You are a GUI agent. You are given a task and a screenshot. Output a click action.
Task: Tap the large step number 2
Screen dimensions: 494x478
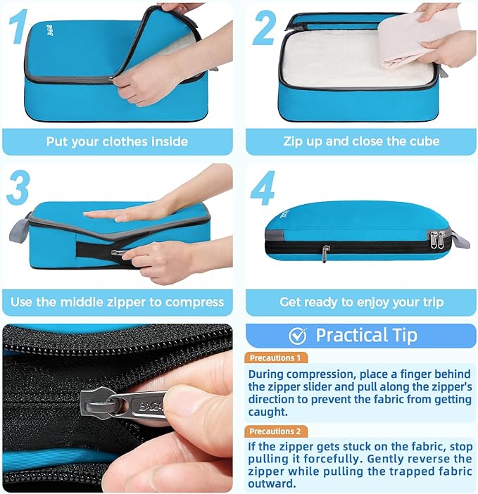(264, 28)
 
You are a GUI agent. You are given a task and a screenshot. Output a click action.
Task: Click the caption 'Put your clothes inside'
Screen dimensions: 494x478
(117, 141)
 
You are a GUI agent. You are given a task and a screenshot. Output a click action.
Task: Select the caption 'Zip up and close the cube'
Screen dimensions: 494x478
(361, 141)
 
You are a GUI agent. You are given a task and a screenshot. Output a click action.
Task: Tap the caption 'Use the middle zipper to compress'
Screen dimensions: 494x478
(117, 303)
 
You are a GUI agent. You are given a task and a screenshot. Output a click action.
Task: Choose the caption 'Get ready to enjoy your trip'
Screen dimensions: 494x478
(361, 303)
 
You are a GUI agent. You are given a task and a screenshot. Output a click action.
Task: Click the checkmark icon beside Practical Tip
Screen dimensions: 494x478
(298, 335)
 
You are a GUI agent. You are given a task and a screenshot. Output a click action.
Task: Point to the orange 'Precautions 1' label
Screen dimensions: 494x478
(275, 357)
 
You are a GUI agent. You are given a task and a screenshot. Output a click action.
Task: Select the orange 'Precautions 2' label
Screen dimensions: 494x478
(275, 431)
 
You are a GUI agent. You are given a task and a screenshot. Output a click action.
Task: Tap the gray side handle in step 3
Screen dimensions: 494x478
(19, 231)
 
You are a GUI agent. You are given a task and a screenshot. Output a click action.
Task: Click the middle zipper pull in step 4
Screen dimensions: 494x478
(325, 253)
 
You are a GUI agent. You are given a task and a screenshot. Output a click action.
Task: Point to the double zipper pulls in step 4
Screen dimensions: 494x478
(438, 240)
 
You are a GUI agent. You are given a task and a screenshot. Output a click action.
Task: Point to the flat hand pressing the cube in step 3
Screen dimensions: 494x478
(123, 213)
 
